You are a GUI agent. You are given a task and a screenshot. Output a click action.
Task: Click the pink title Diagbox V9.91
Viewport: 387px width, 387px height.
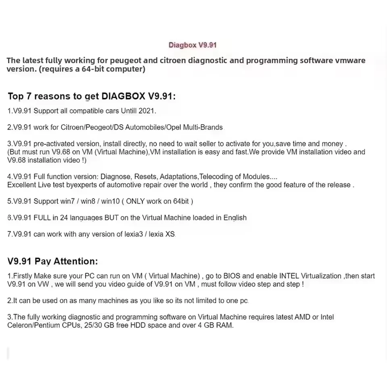[192, 45]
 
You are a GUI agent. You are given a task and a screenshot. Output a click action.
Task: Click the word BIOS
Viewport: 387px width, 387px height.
[232, 276]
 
